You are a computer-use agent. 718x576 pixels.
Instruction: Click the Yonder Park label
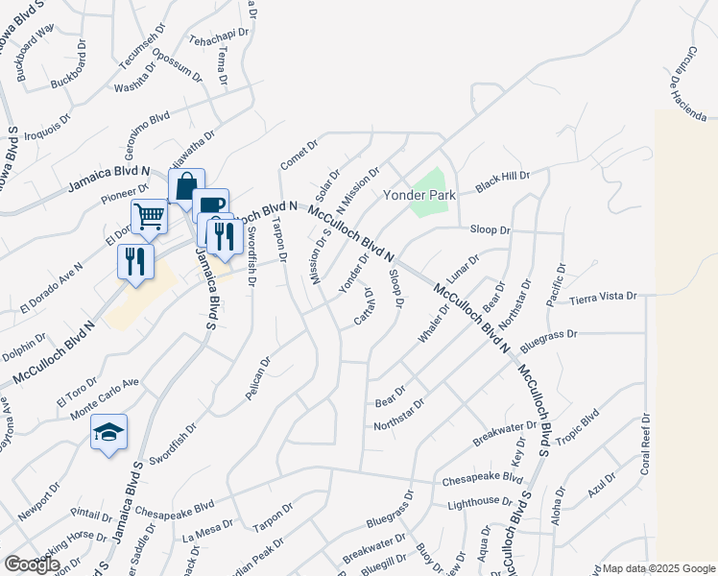(419, 194)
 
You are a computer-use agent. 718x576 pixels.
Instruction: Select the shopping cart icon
(149, 217)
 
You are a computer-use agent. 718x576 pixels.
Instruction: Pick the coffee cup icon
(210, 205)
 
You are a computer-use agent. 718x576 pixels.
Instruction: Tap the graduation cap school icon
(109, 433)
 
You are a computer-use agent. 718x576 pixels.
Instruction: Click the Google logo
(32, 564)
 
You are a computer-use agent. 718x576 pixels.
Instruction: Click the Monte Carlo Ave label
(105, 394)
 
